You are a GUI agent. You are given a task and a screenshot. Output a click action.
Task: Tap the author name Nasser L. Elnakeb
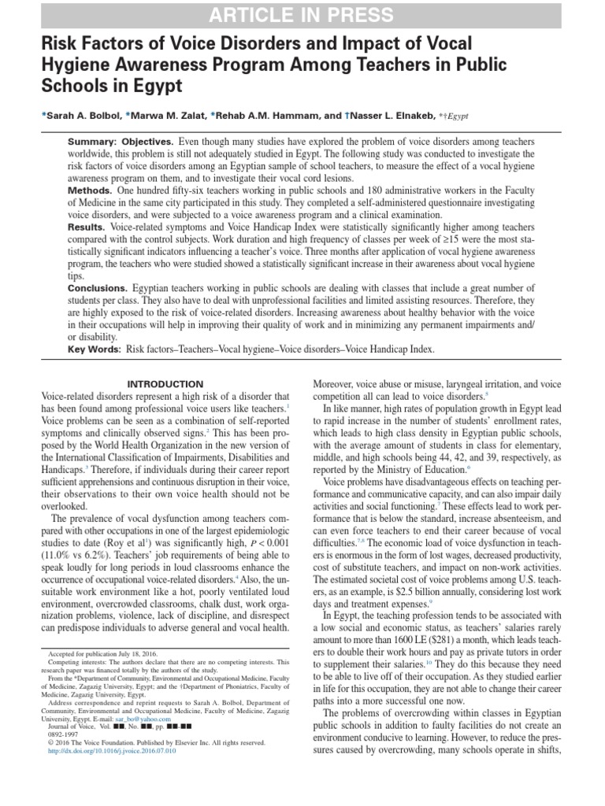[384, 115]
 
